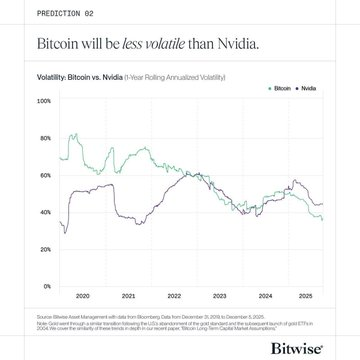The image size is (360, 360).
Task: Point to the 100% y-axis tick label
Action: [44, 101]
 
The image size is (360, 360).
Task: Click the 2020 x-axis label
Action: [83, 297]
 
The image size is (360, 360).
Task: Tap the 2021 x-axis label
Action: [128, 297]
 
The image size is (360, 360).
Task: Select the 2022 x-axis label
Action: [174, 297]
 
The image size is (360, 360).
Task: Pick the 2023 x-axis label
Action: [219, 297]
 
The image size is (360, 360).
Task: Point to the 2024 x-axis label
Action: [265, 297]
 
